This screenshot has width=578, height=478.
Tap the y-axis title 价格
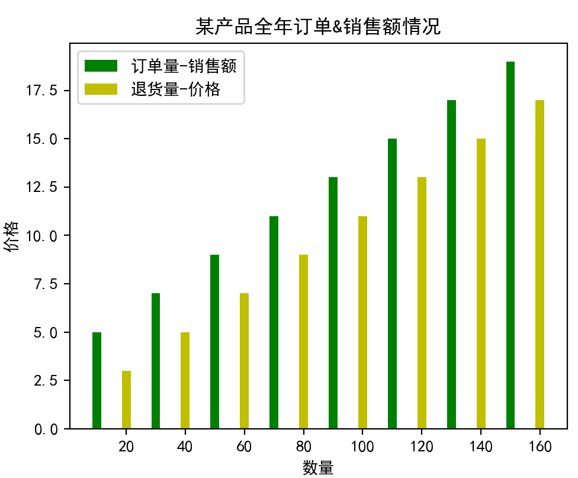pos(11,236)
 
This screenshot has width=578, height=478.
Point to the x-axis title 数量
pos(318,468)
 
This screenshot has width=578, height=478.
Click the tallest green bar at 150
pos(510,245)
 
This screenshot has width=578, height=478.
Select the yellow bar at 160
pos(540,264)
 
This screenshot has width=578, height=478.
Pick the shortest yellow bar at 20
pos(126,399)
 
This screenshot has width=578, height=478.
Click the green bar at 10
pos(97,380)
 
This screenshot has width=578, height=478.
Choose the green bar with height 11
pos(274,322)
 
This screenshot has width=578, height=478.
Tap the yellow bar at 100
pos(362,322)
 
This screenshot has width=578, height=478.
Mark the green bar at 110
pos(392,283)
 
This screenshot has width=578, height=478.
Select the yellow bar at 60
pos(244,361)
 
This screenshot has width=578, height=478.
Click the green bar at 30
pos(156,361)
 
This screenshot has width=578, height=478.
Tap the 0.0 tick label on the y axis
pos(46,429)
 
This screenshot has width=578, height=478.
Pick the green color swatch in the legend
pos(101,65)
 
